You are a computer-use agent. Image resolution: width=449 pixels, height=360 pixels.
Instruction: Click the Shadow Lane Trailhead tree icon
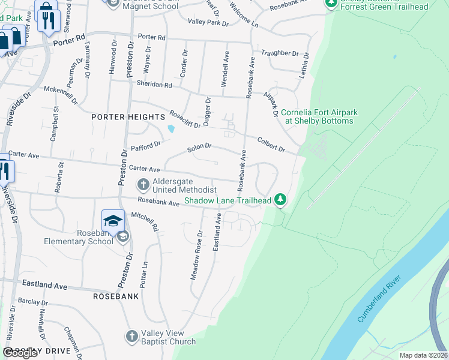[x=280, y=199]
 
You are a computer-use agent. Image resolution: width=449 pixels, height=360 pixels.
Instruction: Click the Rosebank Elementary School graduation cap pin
[x=113, y=221]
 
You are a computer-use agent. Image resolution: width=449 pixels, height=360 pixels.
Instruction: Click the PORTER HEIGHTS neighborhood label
[x=127, y=116]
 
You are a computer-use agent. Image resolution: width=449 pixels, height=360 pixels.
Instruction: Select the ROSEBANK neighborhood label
[x=116, y=296]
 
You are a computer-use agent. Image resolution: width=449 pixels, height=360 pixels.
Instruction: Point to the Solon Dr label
[x=200, y=146]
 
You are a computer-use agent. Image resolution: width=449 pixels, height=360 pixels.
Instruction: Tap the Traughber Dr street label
[x=279, y=53]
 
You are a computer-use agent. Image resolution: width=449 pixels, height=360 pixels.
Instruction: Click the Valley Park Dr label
[x=208, y=22]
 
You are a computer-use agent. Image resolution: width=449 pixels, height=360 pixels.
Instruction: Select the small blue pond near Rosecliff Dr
[x=172, y=128]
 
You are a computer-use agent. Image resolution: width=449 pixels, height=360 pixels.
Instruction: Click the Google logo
[x=20, y=353]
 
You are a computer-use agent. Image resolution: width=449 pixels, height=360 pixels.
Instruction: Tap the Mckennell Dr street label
[x=61, y=93]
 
